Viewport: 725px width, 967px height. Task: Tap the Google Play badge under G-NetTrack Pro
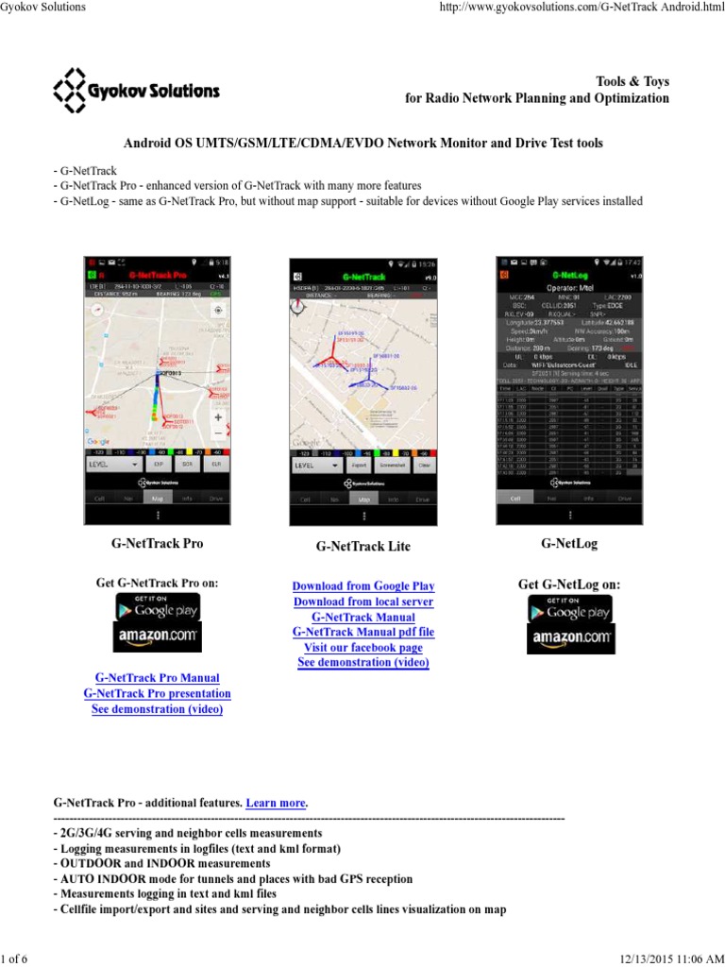158,607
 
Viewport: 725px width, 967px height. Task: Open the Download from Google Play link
363,586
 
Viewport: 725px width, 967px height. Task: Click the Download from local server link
363,602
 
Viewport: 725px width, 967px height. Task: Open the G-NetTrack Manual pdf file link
363,632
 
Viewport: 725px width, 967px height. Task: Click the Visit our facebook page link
363,648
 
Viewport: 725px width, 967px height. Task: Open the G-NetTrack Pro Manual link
158,678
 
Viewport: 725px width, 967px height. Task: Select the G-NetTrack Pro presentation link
158,693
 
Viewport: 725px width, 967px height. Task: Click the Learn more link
276,803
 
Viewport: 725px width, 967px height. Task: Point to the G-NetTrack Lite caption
363,547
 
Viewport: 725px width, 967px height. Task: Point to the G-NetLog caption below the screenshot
569,544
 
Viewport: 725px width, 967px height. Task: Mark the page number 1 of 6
14,959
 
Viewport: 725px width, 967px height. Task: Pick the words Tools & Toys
632,82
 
